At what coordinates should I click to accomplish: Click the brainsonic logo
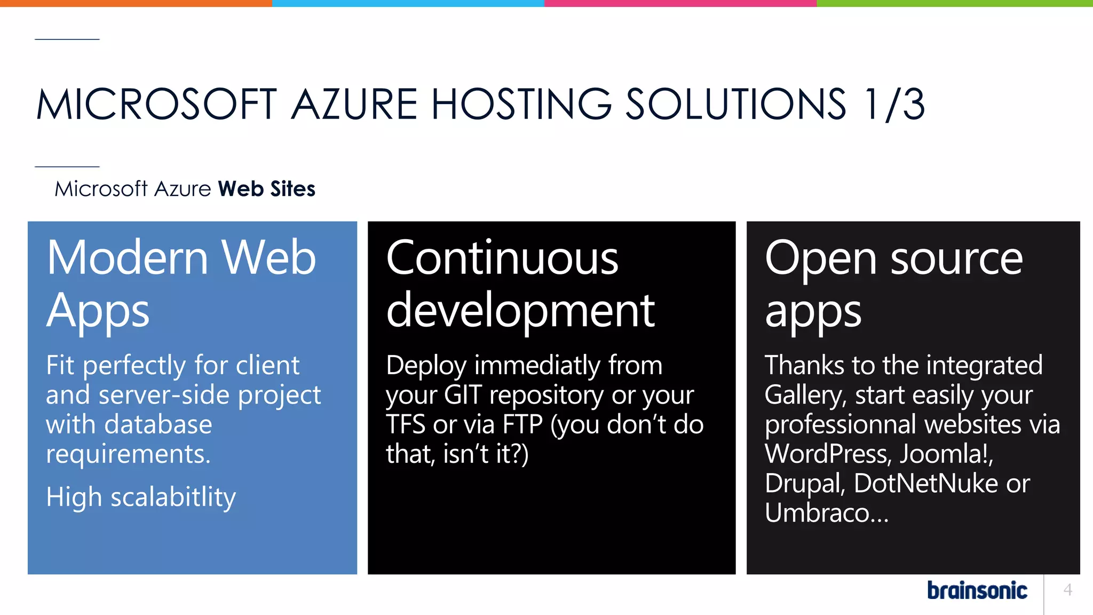click(x=977, y=590)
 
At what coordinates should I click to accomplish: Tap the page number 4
click(x=1067, y=589)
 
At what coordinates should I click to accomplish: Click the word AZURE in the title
click(x=354, y=104)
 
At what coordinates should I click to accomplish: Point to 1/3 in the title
click(x=894, y=104)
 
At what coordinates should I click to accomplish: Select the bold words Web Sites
click(x=266, y=189)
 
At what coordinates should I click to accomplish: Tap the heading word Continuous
click(x=502, y=258)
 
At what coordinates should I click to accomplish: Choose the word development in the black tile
click(x=520, y=311)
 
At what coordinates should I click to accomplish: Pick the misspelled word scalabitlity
click(x=173, y=498)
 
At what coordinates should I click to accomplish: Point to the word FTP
click(x=522, y=425)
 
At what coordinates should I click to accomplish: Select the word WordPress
click(x=827, y=454)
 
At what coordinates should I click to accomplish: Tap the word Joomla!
click(x=946, y=454)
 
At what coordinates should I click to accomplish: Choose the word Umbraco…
click(x=826, y=513)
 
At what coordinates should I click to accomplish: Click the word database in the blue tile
click(x=159, y=425)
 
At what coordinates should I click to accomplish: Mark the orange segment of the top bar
click(x=136, y=3)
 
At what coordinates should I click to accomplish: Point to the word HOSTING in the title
click(x=521, y=104)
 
